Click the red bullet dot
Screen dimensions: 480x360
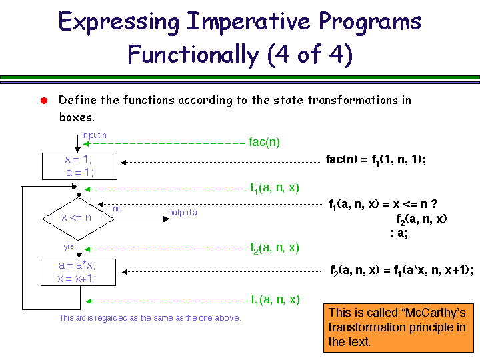(44, 101)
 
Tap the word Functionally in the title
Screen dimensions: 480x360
(193, 55)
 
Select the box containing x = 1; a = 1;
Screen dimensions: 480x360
(79, 166)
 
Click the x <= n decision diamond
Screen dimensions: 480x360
(79, 219)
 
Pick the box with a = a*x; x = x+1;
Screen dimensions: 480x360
(79, 272)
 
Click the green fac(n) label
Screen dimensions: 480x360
(265, 143)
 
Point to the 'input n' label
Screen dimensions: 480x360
(94, 135)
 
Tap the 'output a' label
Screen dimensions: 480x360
(183, 213)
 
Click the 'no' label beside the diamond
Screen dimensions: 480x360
(117, 209)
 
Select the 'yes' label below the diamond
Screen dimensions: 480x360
(69, 247)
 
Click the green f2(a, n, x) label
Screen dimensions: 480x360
(275, 248)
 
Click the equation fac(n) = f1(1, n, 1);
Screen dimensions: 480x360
(376, 160)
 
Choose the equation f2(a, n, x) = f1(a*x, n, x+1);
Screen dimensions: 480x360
(402, 271)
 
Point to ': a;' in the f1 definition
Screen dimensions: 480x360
(399, 233)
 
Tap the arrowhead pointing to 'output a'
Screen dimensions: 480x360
(167, 219)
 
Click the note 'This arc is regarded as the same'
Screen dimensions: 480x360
(150, 318)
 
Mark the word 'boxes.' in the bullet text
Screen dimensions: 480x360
(77, 117)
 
